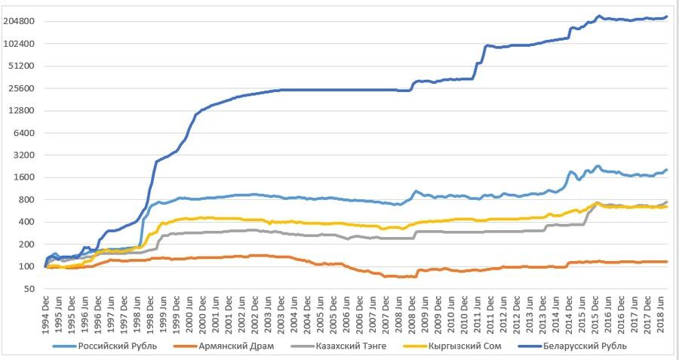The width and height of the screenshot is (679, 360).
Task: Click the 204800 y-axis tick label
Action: pyautogui.click(x=20, y=21)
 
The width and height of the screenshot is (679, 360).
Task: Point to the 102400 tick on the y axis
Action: pyautogui.click(x=20, y=44)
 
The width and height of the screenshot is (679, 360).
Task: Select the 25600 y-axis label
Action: pyautogui.click(x=23, y=88)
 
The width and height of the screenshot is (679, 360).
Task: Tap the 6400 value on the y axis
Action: pyautogui.click(x=25, y=133)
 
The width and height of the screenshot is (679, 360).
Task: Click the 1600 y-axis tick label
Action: pyautogui.click(x=25, y=177)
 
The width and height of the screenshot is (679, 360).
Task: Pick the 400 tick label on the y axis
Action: pyautogui.click(x=27, y=222)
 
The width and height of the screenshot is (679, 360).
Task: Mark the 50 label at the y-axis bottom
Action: pyautogui.click(x=29, y=289)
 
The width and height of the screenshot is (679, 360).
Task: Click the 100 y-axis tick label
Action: pyautogui.click(x=27, y=266)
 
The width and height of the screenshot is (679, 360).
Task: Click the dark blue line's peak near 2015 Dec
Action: pyautogui.click(x=598, y=16)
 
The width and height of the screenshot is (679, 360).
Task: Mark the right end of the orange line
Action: pyautogui.click(x=667, y=262)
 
